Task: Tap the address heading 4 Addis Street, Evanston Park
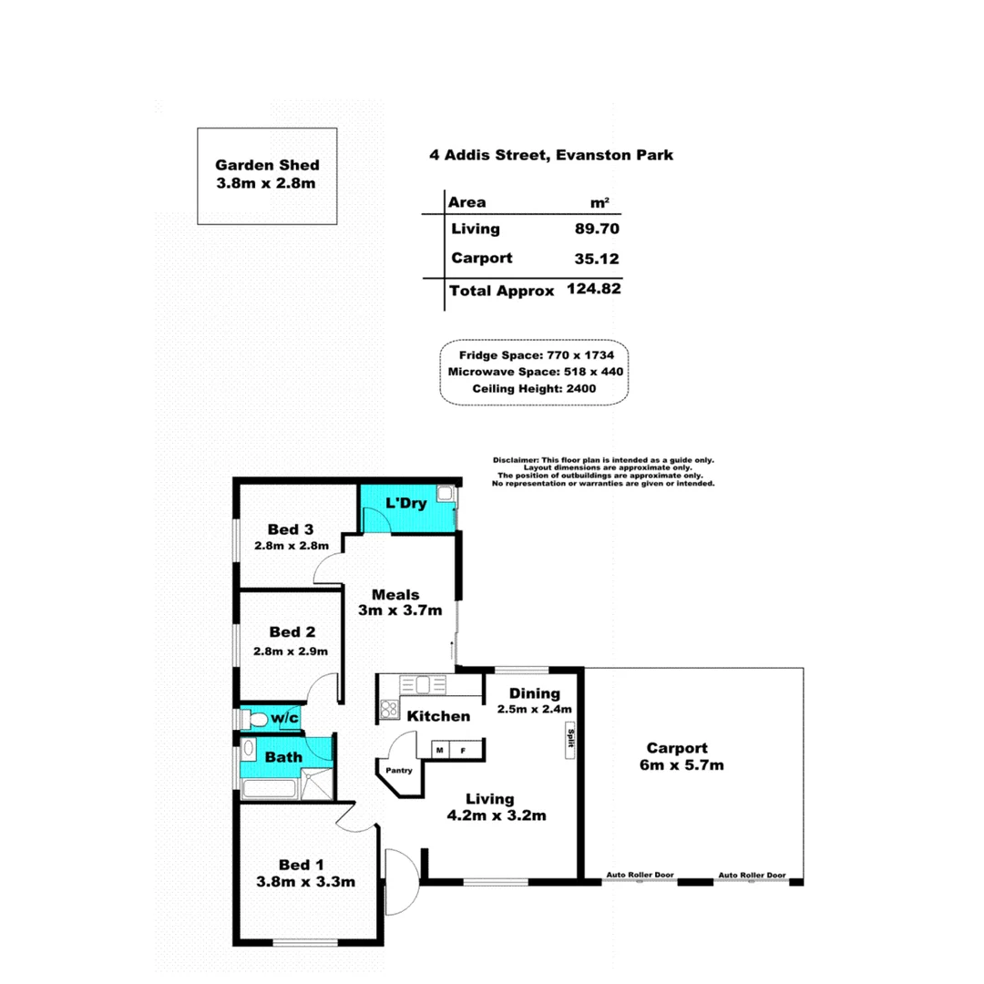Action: (x=552, y=155)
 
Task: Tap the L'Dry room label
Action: (x=403, y=503)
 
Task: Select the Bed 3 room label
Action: (x=291, y=528)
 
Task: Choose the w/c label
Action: (x=283, y=719)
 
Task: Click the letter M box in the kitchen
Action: (x=440, y=751)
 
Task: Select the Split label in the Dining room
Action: (x=571, y=738)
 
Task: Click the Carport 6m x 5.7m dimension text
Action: (x=682, y=764)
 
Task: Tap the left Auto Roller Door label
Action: (x=641, y=876)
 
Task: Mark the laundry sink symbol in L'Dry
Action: (x=446, y=494)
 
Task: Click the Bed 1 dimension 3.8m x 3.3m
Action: (x=304, y=881)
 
